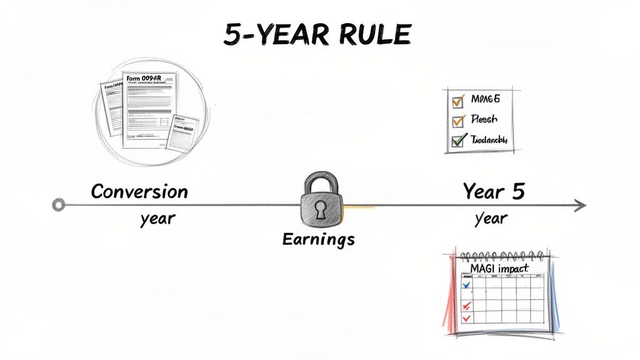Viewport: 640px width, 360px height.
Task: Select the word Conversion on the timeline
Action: pyautogui.click(x=139, y=191)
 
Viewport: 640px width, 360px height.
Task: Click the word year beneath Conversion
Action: pyautogui.click(x=157, y=219)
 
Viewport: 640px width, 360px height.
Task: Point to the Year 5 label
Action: pyautogui.click(x=493, y=191)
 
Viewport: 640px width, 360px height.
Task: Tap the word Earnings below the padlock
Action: pyautogui.click(x=318, y=239)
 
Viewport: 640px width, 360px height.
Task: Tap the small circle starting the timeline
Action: pyautogui.click(x=59, y=204)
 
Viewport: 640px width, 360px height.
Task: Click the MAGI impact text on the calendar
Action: pyautogui.click(x=498, y=269)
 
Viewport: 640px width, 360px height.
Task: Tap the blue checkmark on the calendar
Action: pyautogui.click(x=466, y=285)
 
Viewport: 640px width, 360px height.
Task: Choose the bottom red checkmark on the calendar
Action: pyautogui.click(x=466, y=318)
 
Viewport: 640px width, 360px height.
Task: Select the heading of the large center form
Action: pyautogui.click(x=150, y=79)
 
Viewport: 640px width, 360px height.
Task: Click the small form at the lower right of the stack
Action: pyautogui.click(x=182, y=132)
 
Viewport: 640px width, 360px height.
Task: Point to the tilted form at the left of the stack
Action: pyautogui.click(x=111, y=106)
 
